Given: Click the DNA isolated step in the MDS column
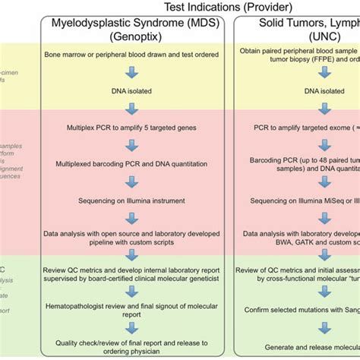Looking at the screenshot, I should pyautogui.click(x=132, y=91).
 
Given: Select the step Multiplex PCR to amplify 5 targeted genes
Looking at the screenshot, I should pyautogui.click(x=132, y=128).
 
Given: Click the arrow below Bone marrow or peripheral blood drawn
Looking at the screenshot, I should pyautogui.click(x=132, y=73).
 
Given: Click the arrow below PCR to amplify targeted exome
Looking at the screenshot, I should pyautogui.click(x=327, y=144).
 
